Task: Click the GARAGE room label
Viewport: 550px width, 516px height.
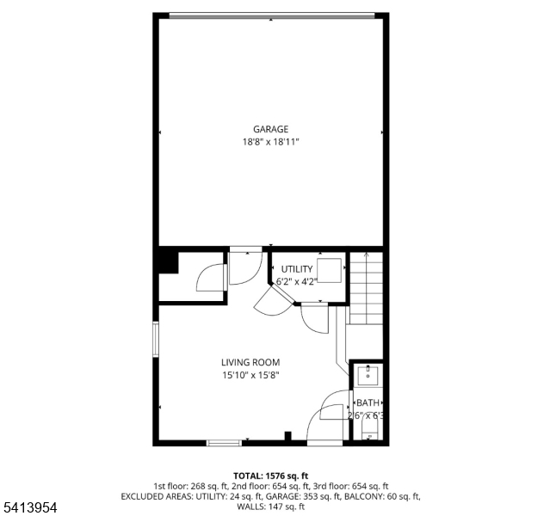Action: tap(270, 130)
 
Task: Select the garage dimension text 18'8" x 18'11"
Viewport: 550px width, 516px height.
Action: tap(270, 143)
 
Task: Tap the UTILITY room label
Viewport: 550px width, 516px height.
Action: tap(297, 269)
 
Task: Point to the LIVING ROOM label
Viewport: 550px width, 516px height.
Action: tap(250, 362)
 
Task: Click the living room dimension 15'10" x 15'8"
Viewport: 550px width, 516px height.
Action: tap(250, 375)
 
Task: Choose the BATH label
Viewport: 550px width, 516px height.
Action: tap(368, 402)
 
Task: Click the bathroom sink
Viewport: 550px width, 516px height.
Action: tap(368, 374)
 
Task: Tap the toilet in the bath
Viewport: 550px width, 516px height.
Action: tap(368, 430)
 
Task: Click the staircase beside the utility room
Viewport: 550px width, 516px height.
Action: tap(367, 292)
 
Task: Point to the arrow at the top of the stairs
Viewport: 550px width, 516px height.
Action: tap(367, 255)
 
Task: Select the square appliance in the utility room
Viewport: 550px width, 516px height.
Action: tap(330, 270)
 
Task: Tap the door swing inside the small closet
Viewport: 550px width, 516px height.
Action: tap(212, 278)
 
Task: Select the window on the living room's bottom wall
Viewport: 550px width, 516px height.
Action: tap(224, 443)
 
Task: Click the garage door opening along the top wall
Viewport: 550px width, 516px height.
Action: tap(270, 14)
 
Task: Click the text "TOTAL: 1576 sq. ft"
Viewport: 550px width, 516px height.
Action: tap(271, 476)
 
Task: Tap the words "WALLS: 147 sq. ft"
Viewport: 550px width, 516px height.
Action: tap(271, 507)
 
